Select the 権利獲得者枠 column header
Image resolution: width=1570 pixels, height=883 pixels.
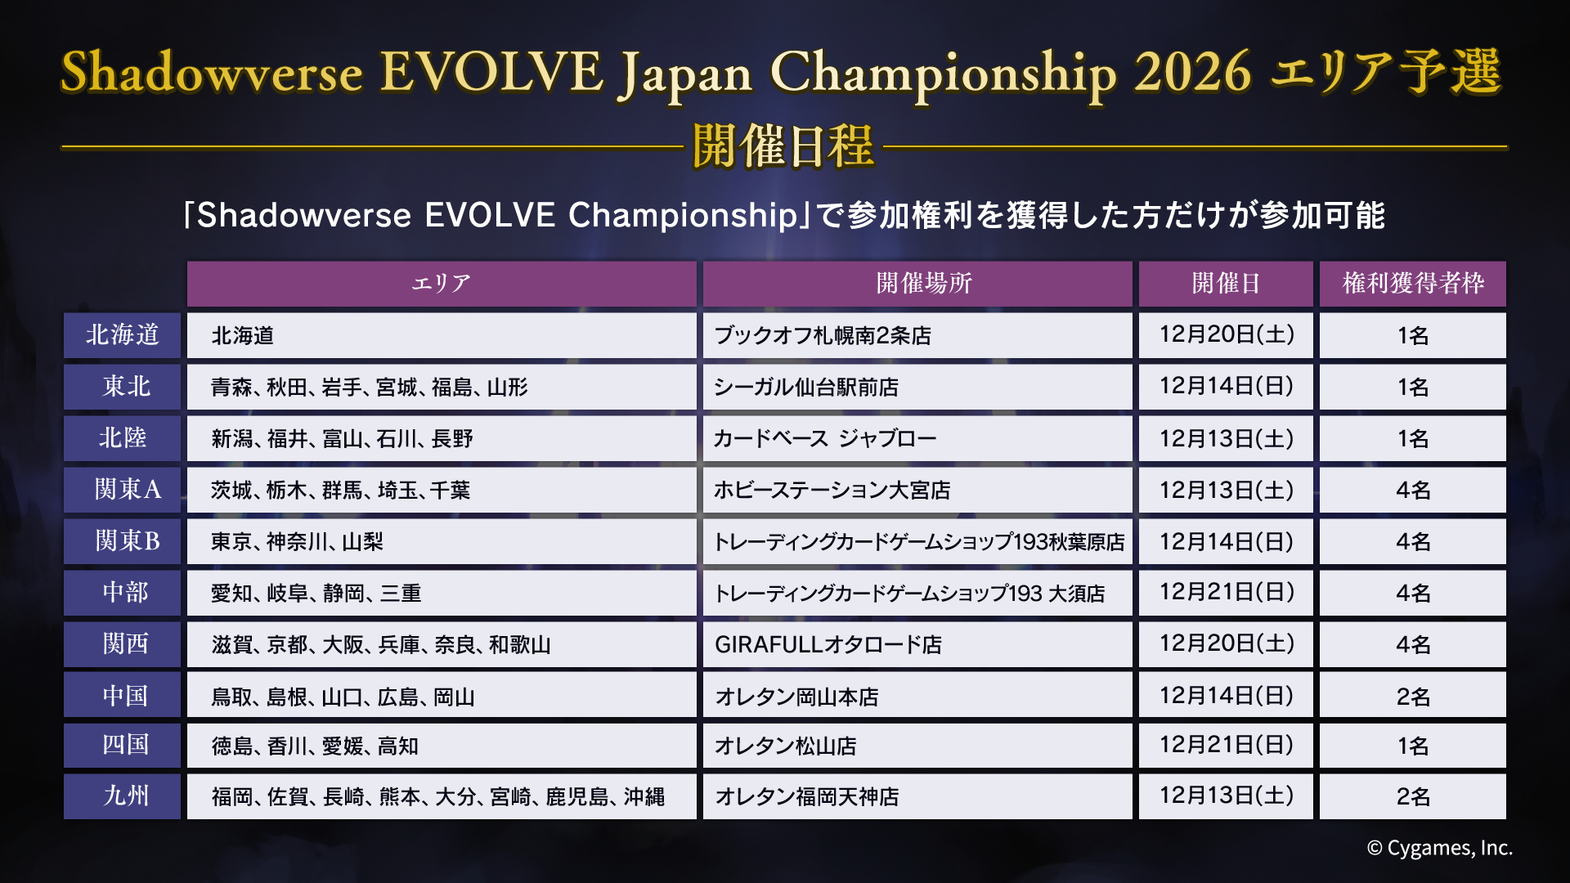[1412, 284]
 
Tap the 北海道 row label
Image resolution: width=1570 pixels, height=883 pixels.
[122, 335]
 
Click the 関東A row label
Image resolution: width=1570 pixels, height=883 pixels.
[122, 490]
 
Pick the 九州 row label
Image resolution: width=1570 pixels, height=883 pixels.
[122, 796]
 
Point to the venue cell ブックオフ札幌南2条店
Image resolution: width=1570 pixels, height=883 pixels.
[823, 335]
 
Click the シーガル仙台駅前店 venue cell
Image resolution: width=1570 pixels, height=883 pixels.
[805, 387]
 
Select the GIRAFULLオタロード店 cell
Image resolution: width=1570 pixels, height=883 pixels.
[828, 644]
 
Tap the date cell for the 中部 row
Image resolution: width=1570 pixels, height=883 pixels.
[1226, 593]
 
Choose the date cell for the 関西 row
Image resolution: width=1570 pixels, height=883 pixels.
[1226, 644]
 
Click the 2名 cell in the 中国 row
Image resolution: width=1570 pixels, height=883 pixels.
[1412, 696]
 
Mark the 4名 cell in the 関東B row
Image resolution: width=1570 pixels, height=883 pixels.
[1412, 541]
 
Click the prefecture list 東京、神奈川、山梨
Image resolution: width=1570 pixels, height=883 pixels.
[297, 541]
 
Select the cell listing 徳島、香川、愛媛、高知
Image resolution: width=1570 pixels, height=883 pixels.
[315, 746]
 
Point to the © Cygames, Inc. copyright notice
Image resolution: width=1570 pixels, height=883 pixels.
[1439, 849]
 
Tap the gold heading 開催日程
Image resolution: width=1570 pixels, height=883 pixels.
[783, 147]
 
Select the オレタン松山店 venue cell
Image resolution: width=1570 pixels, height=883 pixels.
[785, 746]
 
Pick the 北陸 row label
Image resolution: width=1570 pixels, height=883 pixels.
[122, 438]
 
